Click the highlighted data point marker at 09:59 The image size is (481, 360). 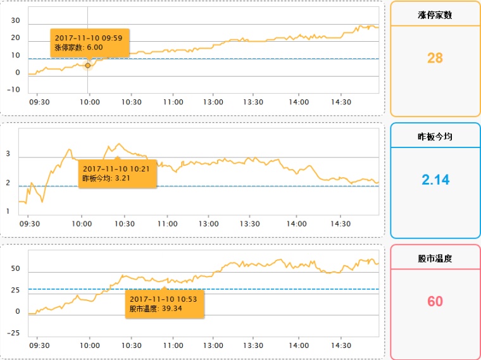pyautogui.click(x=88, y=65)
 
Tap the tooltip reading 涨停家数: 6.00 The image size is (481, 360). pyautogui.click(x=90, y=43)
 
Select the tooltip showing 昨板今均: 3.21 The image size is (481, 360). pyautogui.click(x=118, y=173)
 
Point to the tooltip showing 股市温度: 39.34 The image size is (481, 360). pyautogui.click(x=165, y=304)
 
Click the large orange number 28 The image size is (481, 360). pyautogui.click(x=435, y=58)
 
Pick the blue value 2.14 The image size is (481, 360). pyautogui.click(x=435, y=180)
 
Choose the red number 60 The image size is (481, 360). pyautogui.click(x=435, y=301)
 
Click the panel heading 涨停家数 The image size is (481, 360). pyautogui.click(x=435, y=15)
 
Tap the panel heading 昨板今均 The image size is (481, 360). pyautogui.click(x=435, y=137)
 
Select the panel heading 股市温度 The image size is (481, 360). pyautogui.click(x=435, y=258)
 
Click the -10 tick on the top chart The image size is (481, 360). pyautogui.click(x=13, y=90)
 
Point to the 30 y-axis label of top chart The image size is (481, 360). pyautogui.click(x=15, y=20)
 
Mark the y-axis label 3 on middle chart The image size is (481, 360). pyautogui.click(x=8, y=154)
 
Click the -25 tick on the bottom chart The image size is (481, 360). pyautogui.click(x=13, y=333)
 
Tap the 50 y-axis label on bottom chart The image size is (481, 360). pyautogui.click(x=15, y=269)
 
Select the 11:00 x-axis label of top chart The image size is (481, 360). pyautogui.click(x=173, y=102)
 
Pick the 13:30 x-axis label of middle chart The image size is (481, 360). pyautogui.click(x=250, y=224)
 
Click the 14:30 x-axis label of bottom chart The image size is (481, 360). pyautogui.click(x=340, y=345)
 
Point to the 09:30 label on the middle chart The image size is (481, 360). pyautogui.click(x=30, y=224)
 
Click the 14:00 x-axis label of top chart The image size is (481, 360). pyautogui.click(x=299, y=102)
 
